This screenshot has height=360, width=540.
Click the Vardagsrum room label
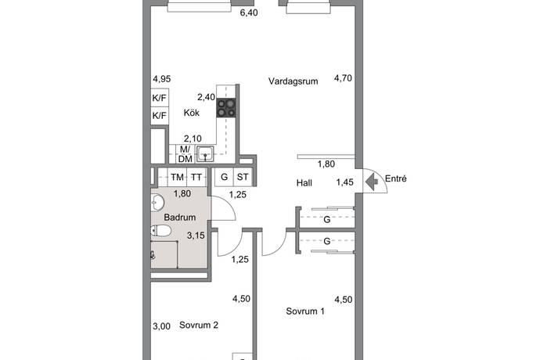tap(293, 81)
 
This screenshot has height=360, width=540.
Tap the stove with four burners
tap(226, 107)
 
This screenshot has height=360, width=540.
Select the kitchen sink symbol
tap(205, 154)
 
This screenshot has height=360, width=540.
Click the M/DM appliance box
tap(185, 154)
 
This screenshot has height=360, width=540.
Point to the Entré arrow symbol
tap(371, 182)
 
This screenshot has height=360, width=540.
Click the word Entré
tap(396, 178)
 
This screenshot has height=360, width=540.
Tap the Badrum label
tap(180, 218)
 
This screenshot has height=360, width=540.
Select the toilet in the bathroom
tap(161, 230)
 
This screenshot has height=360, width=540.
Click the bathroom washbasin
tap(158, 202)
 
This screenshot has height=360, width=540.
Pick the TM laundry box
tap(178, 178)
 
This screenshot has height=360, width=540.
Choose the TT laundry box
tap(196, 178)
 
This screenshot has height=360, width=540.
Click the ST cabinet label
tap(243, 177)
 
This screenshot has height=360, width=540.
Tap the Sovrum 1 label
tap(305, 311)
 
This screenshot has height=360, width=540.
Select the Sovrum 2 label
tap(199, 326)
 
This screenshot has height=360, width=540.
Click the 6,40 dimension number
tap(249, 13)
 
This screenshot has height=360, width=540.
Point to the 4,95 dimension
tap(162, 79)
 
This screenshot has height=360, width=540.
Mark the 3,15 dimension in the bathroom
tap(196, 236)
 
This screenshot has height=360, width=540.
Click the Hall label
tap(304, 183)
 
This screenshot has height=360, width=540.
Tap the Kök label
tap(192, 113)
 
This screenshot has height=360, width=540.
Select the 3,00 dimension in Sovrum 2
tap(161, 326)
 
